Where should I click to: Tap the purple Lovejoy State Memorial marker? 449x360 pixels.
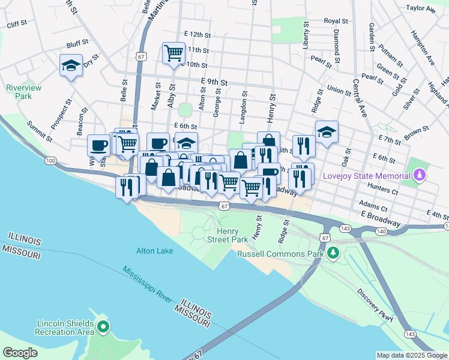click(420, 175)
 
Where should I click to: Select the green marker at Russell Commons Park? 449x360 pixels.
click(335, 254)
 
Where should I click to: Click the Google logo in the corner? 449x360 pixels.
click(20, 353)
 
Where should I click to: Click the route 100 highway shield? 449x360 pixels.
click(50, 160)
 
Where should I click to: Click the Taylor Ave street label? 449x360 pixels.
click(421, 9)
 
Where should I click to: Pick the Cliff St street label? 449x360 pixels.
click(17, 24)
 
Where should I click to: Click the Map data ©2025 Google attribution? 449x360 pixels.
click(411, 355)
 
